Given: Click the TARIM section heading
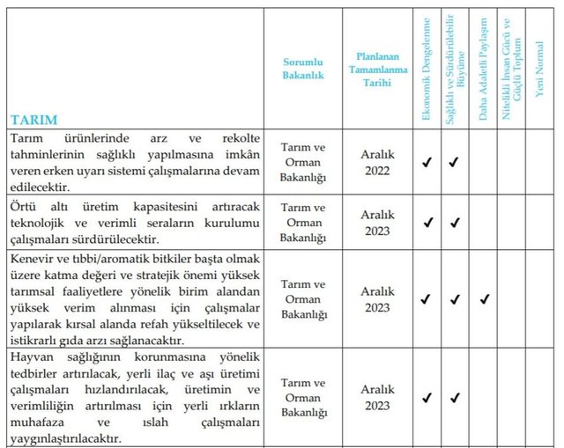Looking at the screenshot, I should click(34, 119).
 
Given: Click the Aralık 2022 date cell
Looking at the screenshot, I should click(377, 162).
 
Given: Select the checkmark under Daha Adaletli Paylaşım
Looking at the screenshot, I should click(483, 299).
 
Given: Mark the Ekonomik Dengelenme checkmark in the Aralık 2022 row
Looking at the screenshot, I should click(427, 162).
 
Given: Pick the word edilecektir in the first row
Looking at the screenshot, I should click(43, 187).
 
